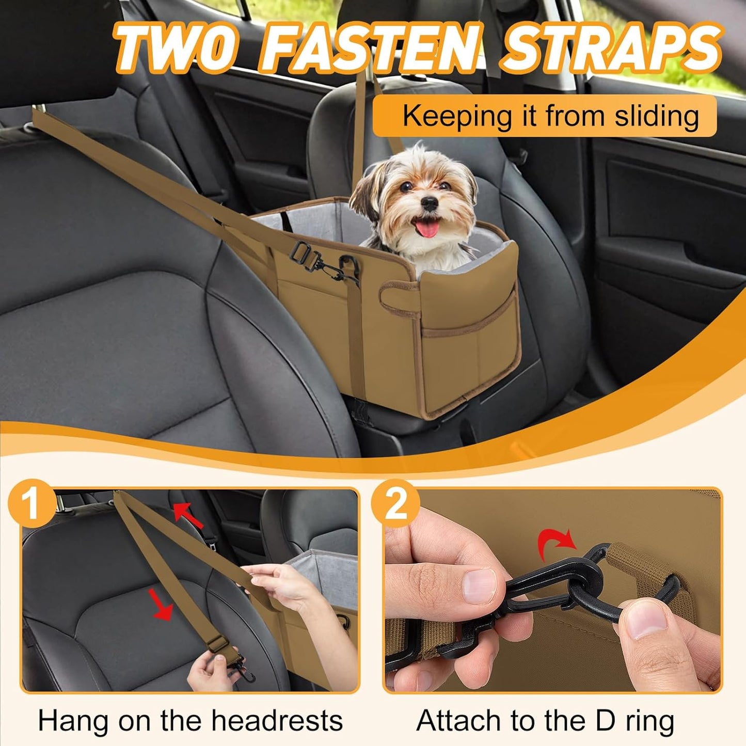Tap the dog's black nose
(428, 204)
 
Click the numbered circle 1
(32, 502)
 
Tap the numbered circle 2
(396, 503)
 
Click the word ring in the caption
(647, 720)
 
